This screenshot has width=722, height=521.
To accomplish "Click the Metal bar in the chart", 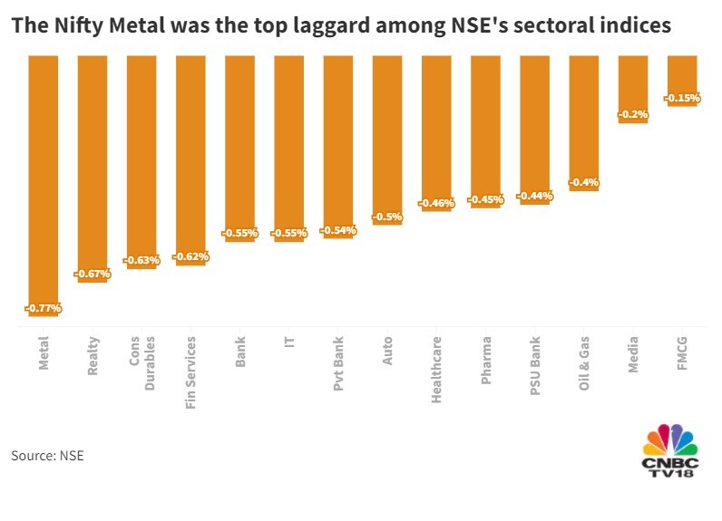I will (x=44, y=181).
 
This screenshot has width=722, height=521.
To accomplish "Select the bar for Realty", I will (x=93, y=168).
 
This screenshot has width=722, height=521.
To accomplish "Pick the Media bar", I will (x=633, y=87).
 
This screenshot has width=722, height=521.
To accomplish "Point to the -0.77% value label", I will (x=44, y=308).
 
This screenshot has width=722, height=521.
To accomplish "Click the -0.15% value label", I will (x=682, y=98).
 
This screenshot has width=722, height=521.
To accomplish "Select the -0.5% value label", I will (x=387, y=217).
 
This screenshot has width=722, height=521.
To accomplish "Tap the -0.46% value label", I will (x=436, y=203).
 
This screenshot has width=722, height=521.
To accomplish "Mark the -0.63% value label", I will (x=141, y=260).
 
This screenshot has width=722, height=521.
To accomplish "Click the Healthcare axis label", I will (x=436, y=370).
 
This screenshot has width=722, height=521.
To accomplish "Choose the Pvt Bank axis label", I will (x=338, y=363).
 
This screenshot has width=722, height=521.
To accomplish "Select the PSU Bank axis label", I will (x=535, y=364).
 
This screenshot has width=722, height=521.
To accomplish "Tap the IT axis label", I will (x=289, y=344).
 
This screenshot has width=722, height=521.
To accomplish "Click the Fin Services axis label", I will (x=190, y=372).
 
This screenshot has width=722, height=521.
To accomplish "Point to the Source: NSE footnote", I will (x=47, y=455).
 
